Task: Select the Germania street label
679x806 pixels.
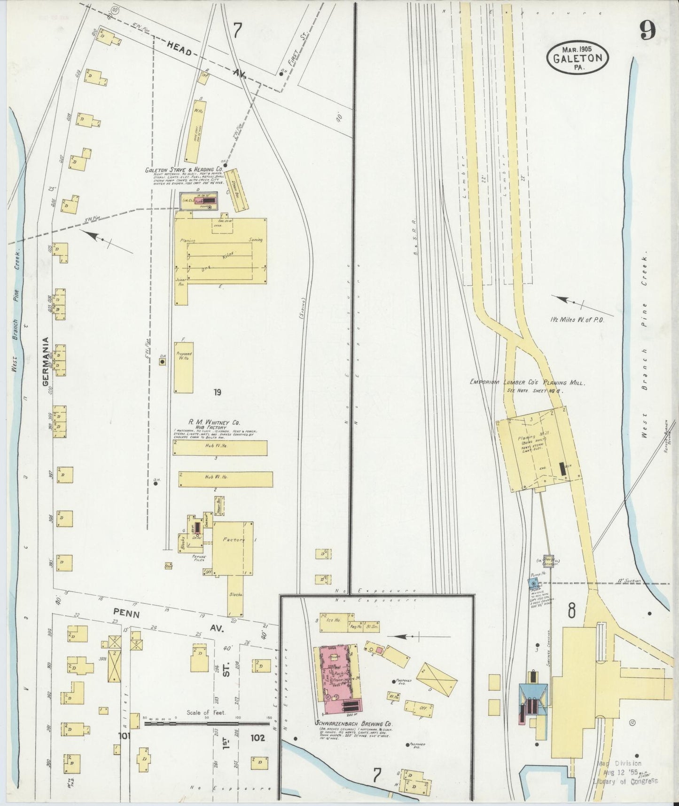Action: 46,361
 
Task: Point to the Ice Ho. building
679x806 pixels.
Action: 334,620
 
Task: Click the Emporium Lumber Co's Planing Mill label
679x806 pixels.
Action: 527,383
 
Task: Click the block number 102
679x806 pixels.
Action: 258,738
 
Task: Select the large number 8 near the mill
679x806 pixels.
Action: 571,611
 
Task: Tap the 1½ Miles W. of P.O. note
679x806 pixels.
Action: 578,320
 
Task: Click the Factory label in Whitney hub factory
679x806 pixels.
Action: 234,540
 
